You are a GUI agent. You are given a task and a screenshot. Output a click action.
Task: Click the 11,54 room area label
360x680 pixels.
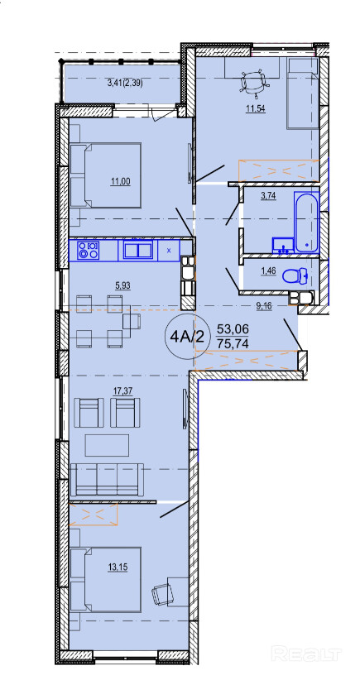[x=256, y=108]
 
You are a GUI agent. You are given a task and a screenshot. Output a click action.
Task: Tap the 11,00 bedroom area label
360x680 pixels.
[x=121, y=182]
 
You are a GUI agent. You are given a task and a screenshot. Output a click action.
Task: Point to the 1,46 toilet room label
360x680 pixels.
[x=267, y=272]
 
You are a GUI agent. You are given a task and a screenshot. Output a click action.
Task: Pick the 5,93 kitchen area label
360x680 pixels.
[x=122, y=285]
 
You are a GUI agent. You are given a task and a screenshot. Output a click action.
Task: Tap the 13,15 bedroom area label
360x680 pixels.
[x=118, y=567]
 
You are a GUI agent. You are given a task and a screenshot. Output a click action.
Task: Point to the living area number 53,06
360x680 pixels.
[x=234, y=328]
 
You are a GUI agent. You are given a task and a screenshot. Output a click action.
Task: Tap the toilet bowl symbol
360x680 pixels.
[x=295, y=275]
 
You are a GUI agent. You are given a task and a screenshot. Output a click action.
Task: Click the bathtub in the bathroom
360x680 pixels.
[x=307, y=223]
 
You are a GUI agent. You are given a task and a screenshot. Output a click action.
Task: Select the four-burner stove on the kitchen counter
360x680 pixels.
[x=88, y=250]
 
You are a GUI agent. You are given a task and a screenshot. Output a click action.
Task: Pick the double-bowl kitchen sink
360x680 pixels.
[x=138, y=250]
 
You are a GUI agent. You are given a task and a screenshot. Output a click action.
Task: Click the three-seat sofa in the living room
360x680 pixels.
[x=107, y=479]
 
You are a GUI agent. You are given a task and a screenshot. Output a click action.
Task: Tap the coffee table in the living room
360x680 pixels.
[x=107, y=445]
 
